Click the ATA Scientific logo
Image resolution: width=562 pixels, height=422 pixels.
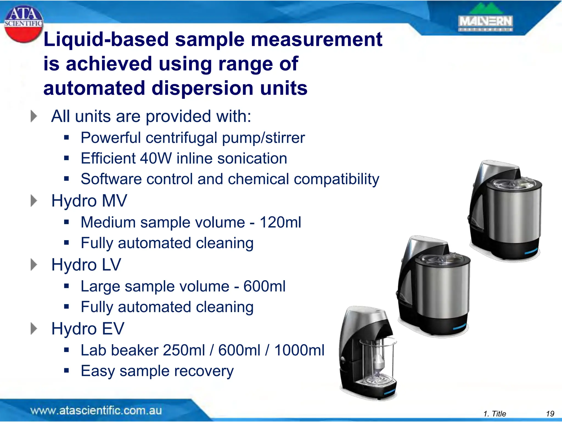23,24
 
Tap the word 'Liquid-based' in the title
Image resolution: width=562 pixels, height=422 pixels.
106,39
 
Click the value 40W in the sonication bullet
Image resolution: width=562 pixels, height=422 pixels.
156,159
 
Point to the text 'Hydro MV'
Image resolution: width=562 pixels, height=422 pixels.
89,201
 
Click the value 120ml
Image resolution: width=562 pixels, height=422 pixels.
280,222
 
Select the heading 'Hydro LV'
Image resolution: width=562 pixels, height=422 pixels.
86,265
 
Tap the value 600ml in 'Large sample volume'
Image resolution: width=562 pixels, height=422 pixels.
264,286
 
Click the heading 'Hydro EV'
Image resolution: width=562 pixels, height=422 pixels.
88,329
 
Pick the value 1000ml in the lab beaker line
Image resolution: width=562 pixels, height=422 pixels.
299,351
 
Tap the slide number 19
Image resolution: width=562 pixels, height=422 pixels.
550,414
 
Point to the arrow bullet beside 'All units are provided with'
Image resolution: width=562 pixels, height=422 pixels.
33,116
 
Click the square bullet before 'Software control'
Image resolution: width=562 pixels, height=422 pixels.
66,179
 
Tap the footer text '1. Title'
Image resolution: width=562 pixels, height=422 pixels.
494,414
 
